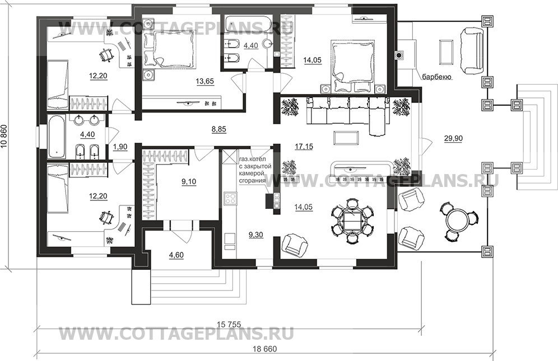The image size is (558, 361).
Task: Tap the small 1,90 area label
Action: click(x=120, y=147)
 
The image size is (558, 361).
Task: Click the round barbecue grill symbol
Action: click(x=399, y=55)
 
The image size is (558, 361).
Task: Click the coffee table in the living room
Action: click(x=342, y=137)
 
